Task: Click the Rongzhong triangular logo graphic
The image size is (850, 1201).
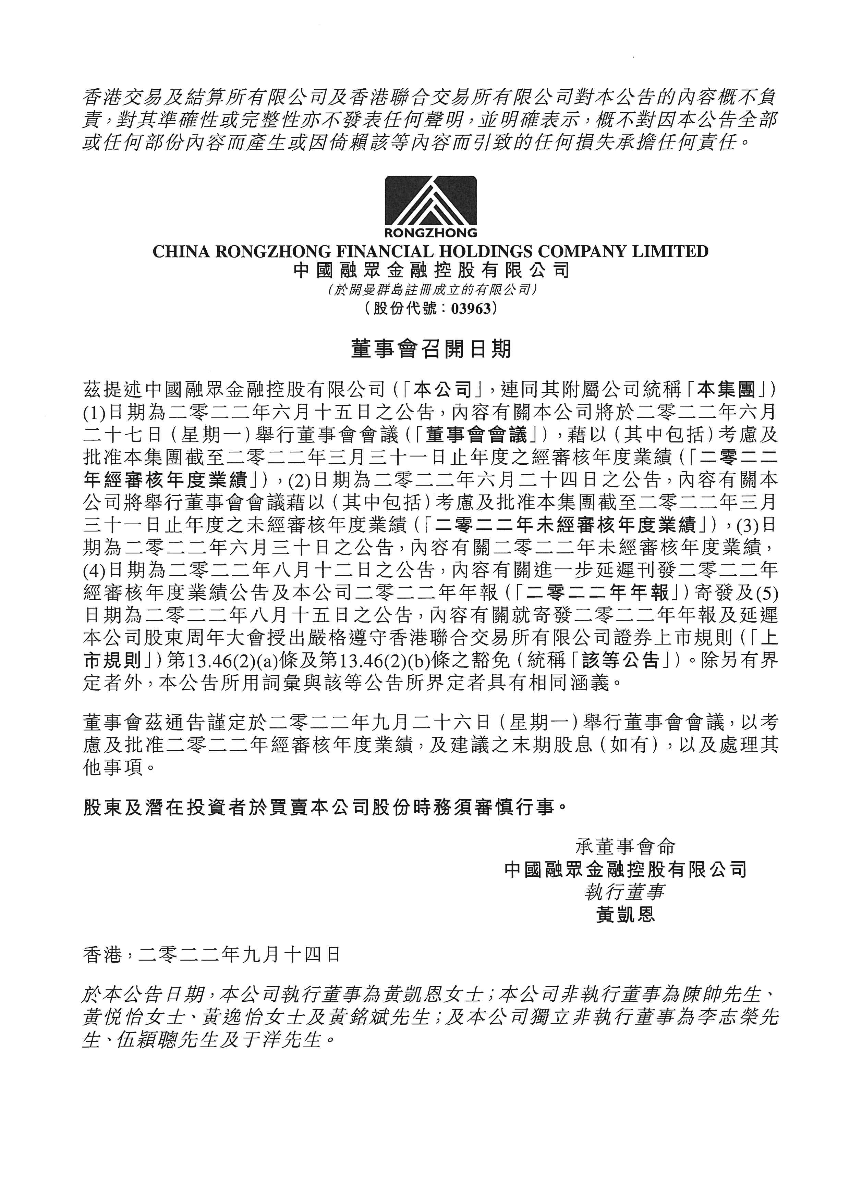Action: click(430, 201)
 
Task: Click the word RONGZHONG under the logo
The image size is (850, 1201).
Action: click(430, 232)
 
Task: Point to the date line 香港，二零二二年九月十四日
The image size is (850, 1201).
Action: click(211, 955)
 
